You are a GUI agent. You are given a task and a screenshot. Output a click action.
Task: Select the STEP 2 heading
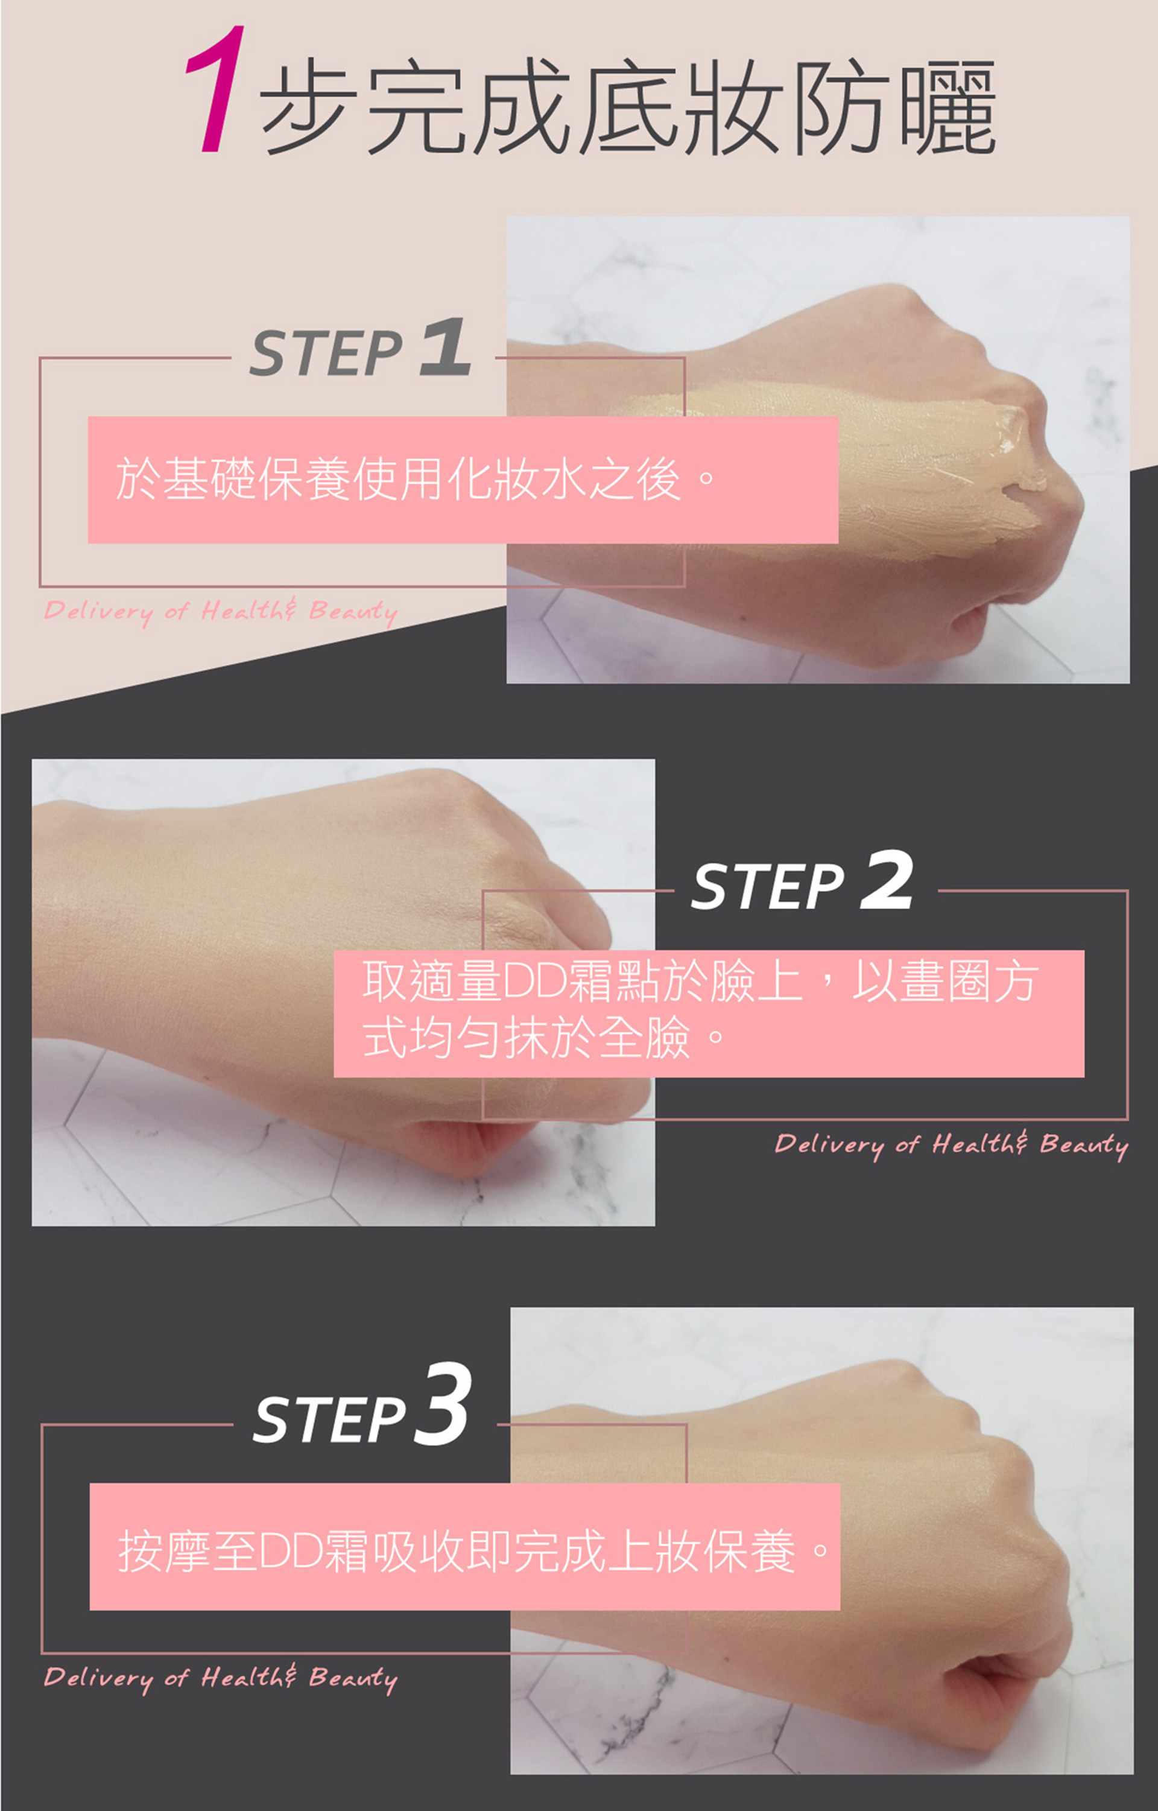(x=802, y=881)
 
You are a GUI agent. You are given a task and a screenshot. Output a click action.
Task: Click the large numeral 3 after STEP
(x=444, y=1405)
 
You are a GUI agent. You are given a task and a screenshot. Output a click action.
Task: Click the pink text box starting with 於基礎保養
(x=463, y=480)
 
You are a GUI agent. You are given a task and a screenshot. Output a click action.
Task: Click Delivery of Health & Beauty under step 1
(x=220, y=612)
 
